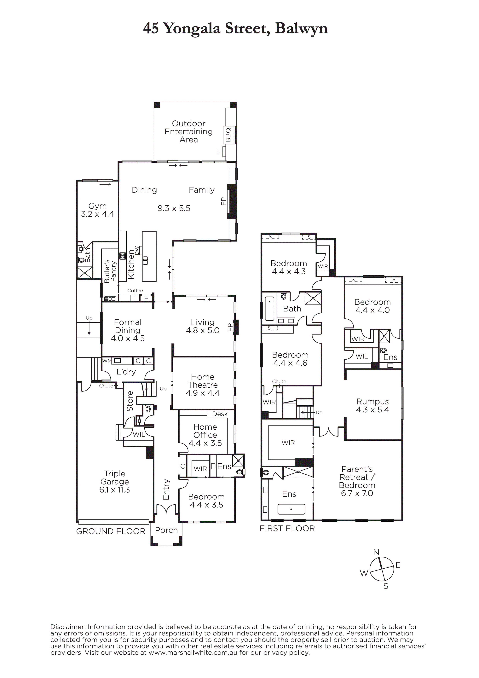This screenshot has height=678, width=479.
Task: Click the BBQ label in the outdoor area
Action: pos(228,135)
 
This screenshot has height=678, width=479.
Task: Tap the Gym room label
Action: pos(97,206)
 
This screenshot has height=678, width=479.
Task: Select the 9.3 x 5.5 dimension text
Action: pos(174,208)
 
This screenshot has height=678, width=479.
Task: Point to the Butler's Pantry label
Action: pos(110,271)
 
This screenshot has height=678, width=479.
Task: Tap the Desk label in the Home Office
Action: pos(220,414)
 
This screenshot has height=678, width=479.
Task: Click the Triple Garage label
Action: pos(115,478)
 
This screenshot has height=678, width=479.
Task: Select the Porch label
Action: pos(167,530)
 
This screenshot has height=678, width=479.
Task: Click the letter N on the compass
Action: pos(376,552)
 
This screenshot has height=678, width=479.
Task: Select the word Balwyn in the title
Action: pos(301,29)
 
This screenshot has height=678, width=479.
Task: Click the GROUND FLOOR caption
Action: pos(111,531)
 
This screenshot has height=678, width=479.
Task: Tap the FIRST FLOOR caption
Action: pos(287,529)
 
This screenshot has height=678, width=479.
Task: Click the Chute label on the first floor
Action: pos(279,381)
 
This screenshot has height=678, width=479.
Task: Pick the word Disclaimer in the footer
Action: pos(68,627)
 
